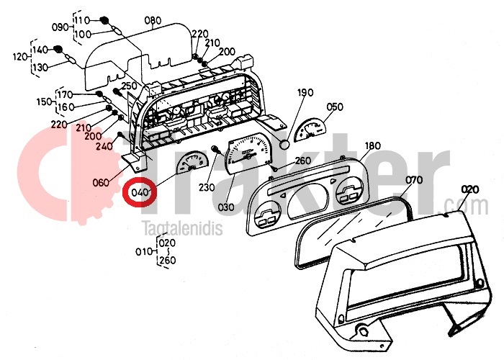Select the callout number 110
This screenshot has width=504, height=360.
click(x=81, y=19)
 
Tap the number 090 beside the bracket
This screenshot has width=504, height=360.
click(x=61, y=27)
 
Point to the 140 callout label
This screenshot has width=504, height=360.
click(x=40, y=49)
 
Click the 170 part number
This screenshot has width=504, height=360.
click(x=65, y=95)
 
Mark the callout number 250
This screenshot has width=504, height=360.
click(x=129, y=86)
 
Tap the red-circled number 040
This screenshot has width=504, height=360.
click(x=138, y=193)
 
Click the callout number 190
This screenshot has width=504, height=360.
click(x=306, y=92)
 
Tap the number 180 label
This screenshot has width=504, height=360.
click(x=373, y=146)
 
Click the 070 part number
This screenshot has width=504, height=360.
click(x=414, y=179)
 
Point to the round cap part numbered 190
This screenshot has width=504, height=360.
click(x=284, y=143)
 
